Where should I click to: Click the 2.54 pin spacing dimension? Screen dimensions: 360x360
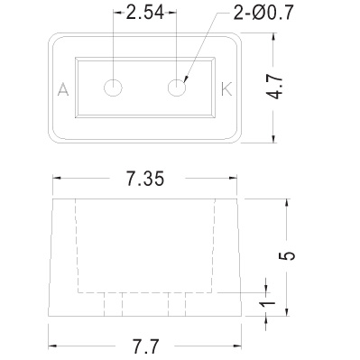[x=145, y=13]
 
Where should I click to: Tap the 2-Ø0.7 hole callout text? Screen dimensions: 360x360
[x=263, y=13]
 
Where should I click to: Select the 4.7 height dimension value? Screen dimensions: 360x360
[x=275, y=88]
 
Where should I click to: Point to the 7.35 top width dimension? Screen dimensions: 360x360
[x=145, y=179]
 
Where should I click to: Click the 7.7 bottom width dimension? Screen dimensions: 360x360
[x=145, y=346]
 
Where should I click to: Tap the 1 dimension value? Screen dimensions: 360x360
[x=268, y=304]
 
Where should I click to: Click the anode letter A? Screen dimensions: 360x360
[x=63, y=89]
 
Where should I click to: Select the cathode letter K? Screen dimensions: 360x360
[x=226, y=89]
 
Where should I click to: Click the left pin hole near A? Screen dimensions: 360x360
[x=113, y=88]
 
